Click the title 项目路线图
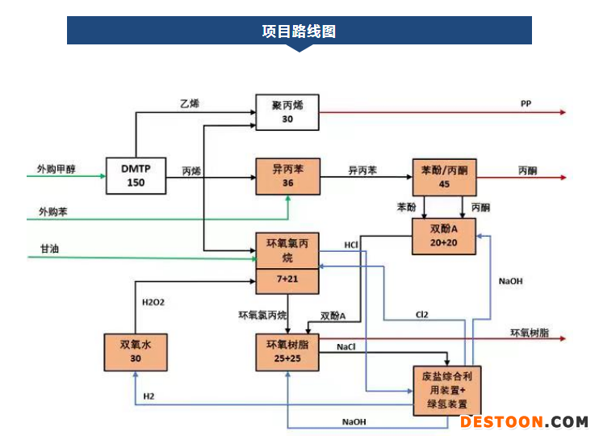pos(299,31)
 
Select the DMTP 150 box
pos(136,176)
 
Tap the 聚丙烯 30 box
pos(287,112)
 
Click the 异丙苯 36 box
pos(288,177)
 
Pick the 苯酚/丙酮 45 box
pos(444,178)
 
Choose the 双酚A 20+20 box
pos(444,236)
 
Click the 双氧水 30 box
pos(136,352)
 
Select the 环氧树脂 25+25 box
pos(287,352)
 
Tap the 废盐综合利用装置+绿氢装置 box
pos(447,391)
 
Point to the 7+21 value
pos(287,279)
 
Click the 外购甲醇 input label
pos(57,169)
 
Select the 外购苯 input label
pos(52,212)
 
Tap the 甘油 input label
pos(50,249)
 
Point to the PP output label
pos(526,103)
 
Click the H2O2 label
pos(153,303)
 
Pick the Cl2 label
pos(421,315)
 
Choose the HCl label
pos(351,245)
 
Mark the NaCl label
pos(346,347)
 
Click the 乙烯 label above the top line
pos(190,103)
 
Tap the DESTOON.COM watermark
pos(524,422)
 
